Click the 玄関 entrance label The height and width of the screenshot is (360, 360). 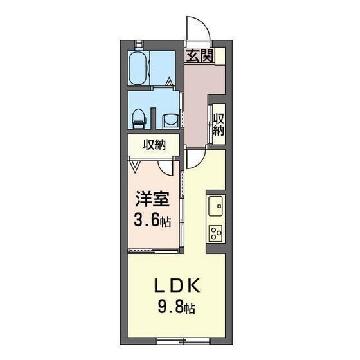click(x=200, y=55)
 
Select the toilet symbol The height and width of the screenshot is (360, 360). click(x=137, y=116)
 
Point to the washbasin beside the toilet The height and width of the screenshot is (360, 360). click(x=170, y=120)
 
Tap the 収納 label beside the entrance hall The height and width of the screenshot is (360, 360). click(x=219, y=123)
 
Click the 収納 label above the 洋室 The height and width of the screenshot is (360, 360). click(x=154, y=145)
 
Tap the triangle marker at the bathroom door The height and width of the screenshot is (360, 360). click(x=169, y=82)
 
